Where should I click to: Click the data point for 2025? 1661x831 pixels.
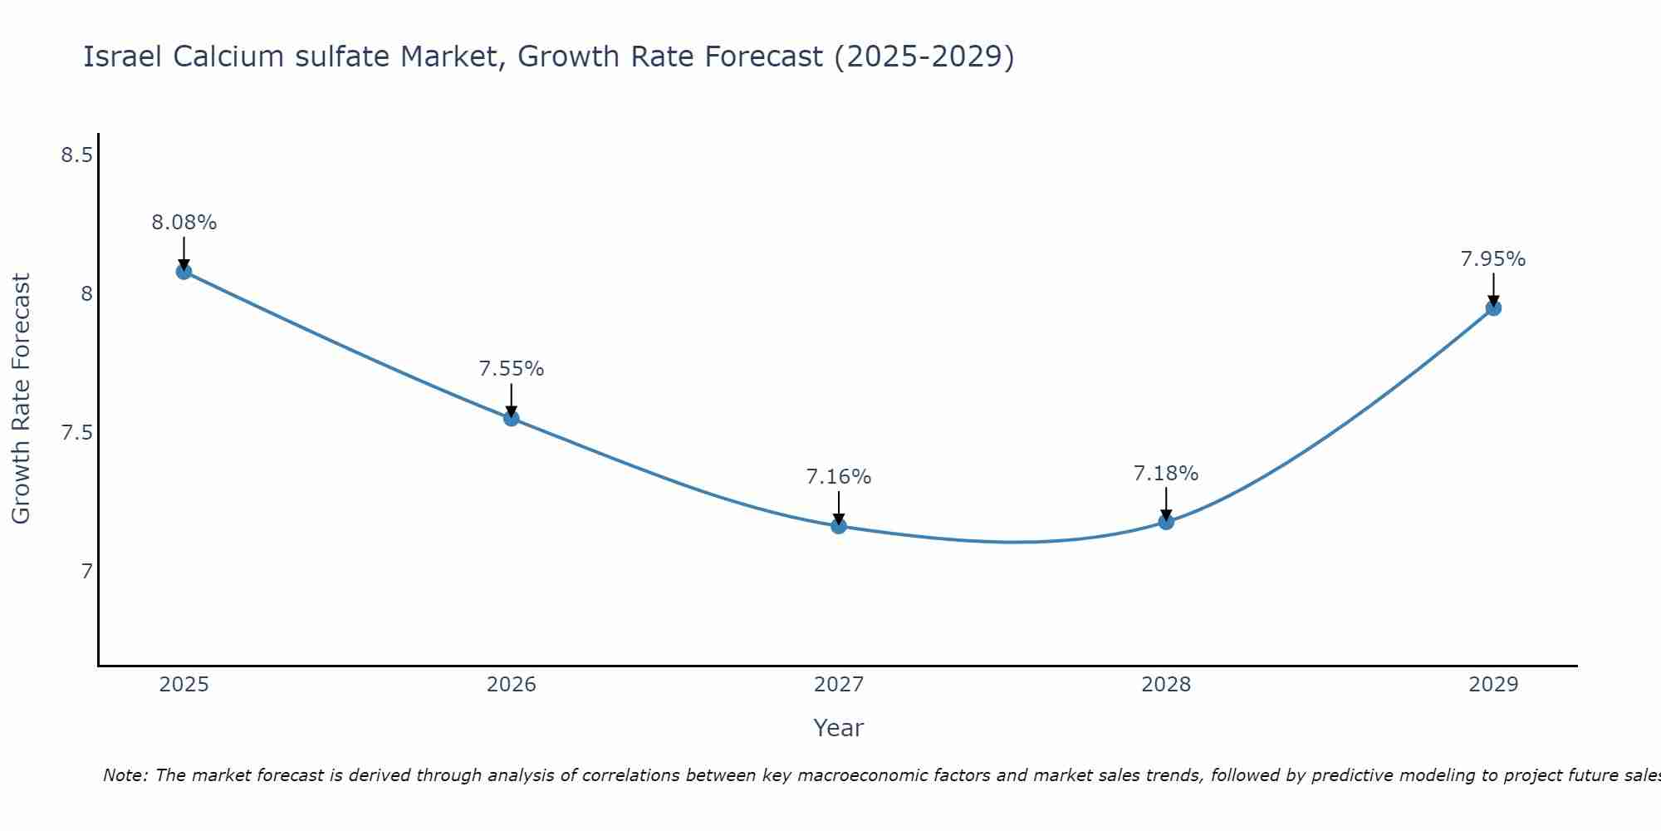184,271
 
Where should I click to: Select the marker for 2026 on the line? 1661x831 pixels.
512,418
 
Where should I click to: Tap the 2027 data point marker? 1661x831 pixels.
839,526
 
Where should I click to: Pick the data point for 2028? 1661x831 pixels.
1166,522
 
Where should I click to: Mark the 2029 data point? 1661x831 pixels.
1493,308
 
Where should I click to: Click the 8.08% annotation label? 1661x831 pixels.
184,223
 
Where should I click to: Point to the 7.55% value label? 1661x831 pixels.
512,369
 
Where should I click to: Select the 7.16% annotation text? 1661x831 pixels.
839,477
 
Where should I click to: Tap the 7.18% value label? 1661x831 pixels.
1166,474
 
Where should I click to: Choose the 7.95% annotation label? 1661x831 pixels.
1493,259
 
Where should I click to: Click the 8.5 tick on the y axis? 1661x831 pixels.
76,155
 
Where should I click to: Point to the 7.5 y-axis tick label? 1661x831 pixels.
76,433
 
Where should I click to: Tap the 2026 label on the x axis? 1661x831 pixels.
512,685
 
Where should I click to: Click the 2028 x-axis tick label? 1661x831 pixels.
1166,685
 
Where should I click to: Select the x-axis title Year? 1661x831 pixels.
839,728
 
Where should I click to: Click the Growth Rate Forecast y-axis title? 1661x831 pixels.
21,399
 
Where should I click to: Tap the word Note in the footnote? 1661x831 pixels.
125,775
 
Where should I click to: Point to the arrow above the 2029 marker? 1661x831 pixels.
1493,289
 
